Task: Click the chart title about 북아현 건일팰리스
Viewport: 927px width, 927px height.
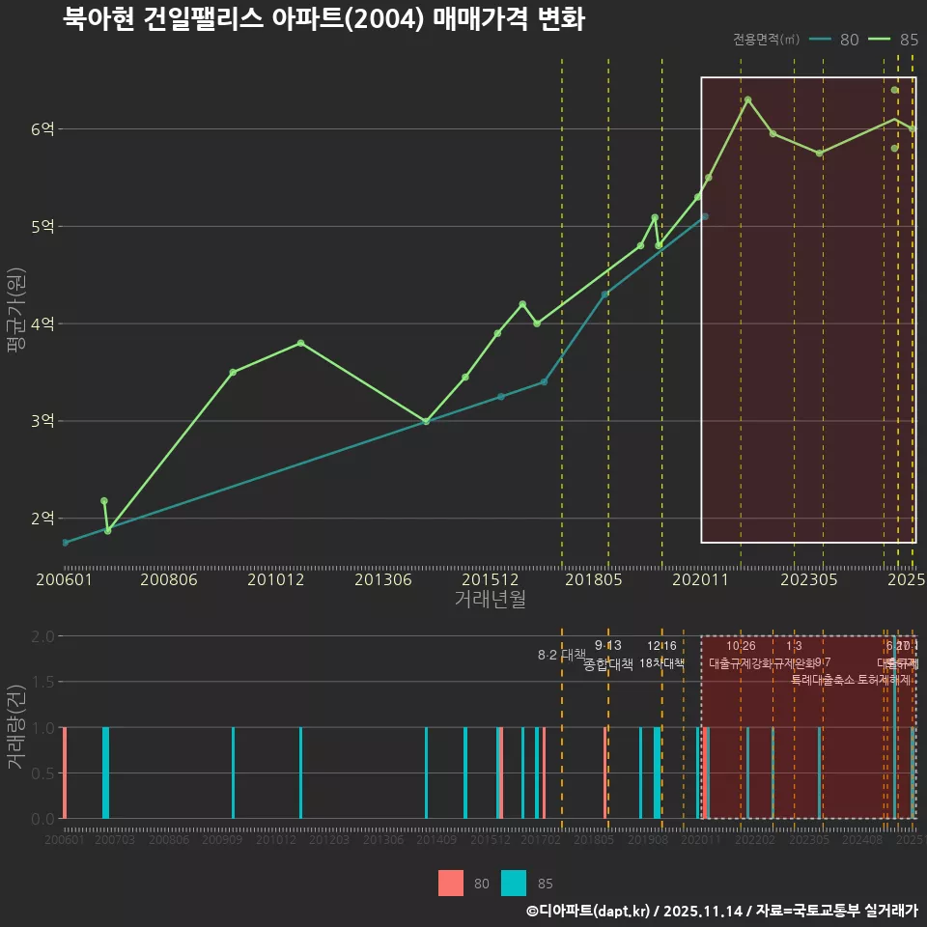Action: tap(323, 19)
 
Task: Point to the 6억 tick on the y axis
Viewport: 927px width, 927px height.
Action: tap(44, 129)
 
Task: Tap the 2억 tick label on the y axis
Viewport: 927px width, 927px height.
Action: tap(44, 519)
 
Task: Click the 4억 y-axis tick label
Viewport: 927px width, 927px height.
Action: tap(44, 323)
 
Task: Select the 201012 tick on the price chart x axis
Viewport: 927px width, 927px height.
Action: tap(276, 580)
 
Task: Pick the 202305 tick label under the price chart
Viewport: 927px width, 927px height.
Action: tap(808, 580)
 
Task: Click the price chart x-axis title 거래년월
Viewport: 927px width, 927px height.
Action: tap(490, 600)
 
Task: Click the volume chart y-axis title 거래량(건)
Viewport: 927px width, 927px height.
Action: tap(15, 727)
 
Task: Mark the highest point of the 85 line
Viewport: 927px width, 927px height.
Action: tap(747, 99)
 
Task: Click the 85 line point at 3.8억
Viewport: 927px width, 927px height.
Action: tap(301, 343)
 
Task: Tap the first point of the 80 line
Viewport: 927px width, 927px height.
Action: tap(65, 543)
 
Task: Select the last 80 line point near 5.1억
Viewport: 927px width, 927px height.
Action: tap(705, 216)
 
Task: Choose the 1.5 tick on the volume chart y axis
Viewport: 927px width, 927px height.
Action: tap(42, 682)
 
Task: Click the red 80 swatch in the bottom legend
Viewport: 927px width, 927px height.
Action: tap(451, 883)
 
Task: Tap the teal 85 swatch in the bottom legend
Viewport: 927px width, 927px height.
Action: tap(515, 883)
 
